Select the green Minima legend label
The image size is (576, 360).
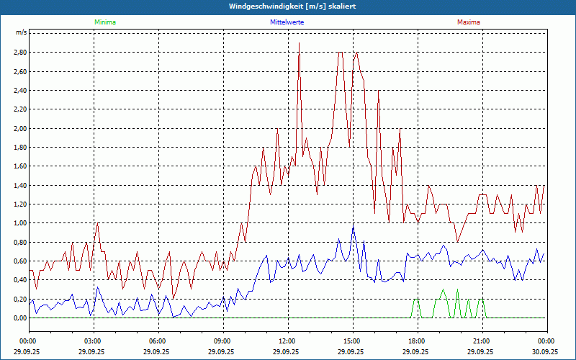(x=104, y=22)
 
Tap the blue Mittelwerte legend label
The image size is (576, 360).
(x=287, y=22)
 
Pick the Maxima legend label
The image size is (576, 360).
(x=469, y=22)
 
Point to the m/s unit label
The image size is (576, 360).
(x=21, y=33)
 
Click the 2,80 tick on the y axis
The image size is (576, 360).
(x=20, y=53)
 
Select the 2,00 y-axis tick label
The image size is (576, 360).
(x=20, y=128)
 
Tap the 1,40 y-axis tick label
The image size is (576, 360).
(x=20, y=185)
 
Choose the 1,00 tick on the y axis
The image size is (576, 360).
(x=20, y=223)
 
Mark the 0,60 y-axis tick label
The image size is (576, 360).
(x=20, y=261)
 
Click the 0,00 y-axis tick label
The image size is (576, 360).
(x=20, y=318)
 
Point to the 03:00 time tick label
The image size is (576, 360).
(x=93, y=341)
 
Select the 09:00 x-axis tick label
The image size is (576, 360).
(x=222, y=341)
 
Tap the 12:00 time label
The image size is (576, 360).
(x=287, y=341)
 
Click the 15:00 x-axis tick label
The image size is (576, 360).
(x=352, y=341)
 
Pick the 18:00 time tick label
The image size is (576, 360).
(x=417, y=341)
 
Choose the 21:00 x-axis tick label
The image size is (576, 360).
(x=482, y=341)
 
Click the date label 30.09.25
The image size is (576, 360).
(x=546, y=352)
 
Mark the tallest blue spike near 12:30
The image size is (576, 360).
(x=299, y=44)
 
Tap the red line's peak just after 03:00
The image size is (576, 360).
(x=97, y=223)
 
